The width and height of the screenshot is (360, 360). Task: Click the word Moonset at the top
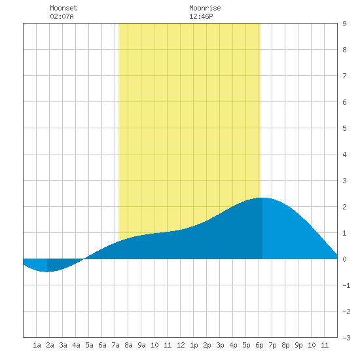point(63,8)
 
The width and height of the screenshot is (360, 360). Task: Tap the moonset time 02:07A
point(62,16)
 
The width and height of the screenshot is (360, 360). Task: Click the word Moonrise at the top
point(205,8)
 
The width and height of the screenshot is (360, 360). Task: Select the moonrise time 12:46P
point(201,16)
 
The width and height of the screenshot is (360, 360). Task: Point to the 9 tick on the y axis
point(344,24)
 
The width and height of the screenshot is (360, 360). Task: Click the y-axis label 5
point(344,128)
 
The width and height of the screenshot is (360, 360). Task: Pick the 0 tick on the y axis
point(344,259)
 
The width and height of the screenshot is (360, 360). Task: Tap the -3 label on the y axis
point(346,338)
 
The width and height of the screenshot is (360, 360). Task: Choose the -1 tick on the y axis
point(346,285)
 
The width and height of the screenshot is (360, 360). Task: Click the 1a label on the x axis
point(37,345)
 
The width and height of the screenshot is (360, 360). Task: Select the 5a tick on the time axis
point(89,345)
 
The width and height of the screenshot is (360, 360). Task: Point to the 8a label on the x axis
point(128,345)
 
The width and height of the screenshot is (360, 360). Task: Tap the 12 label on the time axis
point(181,345)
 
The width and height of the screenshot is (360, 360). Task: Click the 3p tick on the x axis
point(220,345)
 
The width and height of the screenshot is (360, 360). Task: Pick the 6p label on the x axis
point(259,345)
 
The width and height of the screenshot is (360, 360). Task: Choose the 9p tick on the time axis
point(298,345)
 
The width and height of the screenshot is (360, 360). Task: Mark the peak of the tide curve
point(262,198)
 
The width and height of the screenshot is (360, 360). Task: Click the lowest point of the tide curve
point(47,272)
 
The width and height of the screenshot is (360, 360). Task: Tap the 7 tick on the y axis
point(344,76)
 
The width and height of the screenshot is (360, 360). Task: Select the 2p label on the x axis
point(207,345)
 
